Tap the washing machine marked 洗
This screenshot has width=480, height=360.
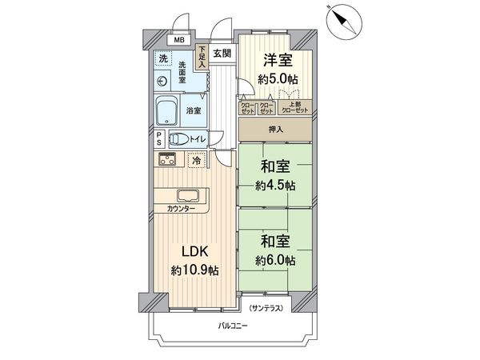tap(163, 58)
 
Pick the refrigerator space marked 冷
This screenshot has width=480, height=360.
tap(195, 160)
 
